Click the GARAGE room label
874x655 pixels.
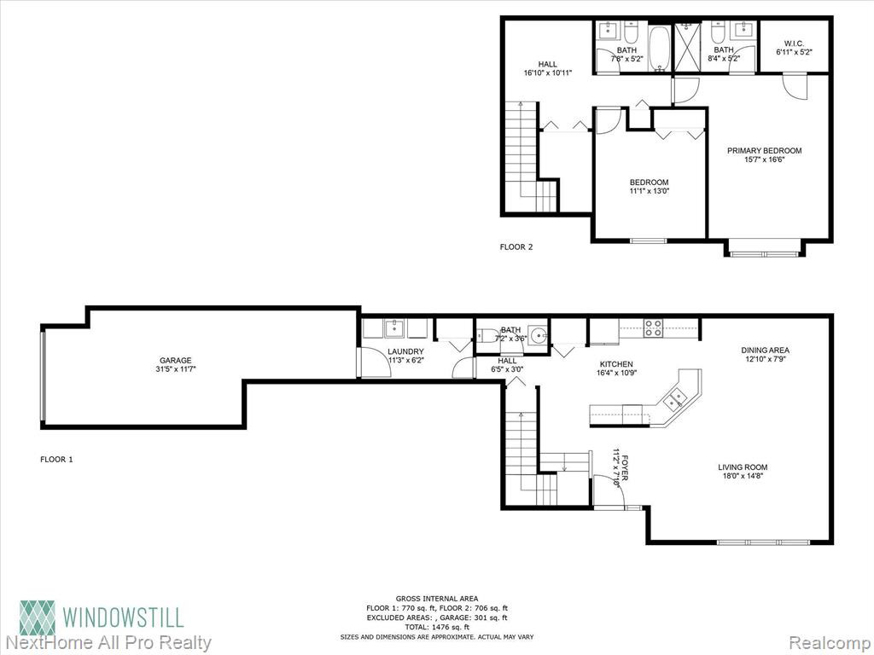pos(176,361)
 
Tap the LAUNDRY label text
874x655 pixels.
pos(405,351)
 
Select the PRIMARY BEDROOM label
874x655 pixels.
pos(764,150)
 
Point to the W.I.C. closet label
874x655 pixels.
pos(794,43)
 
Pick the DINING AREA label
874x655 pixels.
pos(765,351)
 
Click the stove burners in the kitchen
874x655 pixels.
pos(653,328)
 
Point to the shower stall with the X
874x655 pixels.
pos(688,48)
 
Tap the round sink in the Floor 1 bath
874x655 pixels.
pos(538,336)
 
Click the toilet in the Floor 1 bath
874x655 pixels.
pos(488,336)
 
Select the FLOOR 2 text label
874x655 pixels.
pos(516,246)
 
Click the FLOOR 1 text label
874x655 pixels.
pos(57,460)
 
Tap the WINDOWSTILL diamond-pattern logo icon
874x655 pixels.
pos(38,618)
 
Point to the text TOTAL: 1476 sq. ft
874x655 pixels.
pos(437,627)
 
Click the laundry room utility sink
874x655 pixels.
pos(395,327)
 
